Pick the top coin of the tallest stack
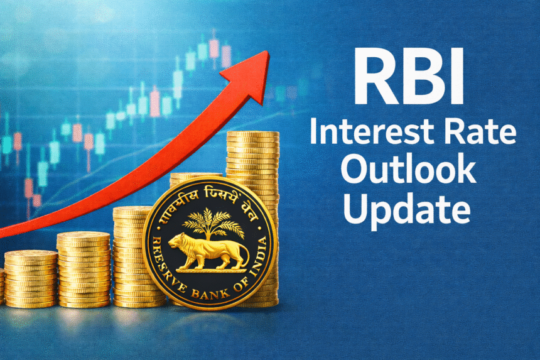click(253, 134)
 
